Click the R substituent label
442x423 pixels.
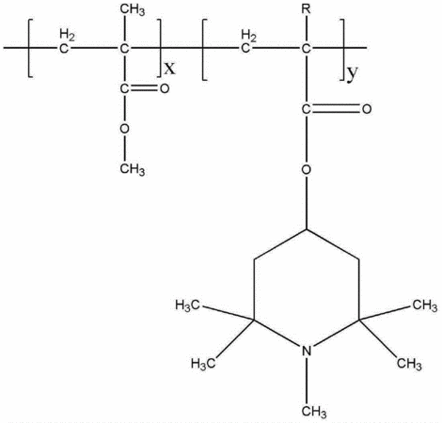(306, 9)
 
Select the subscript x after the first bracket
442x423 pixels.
(170, 68)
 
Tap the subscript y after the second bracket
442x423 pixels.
(353, 73)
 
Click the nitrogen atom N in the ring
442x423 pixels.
(307, 351)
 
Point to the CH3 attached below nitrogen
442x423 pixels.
(314, 411)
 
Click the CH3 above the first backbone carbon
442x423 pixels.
(133, 10)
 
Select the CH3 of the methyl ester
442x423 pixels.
(133, 169)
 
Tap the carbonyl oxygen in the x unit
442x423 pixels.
(165, 88)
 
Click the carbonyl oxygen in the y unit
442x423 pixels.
(367, 109)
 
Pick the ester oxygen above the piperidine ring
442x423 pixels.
(307, 169)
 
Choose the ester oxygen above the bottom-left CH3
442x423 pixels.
(124, 129)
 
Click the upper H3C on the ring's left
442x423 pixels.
(187, 305)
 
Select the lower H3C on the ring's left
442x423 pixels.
(203, 364)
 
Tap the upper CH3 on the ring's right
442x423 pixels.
(425, 305)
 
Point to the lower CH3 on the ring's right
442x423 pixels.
(409, 364)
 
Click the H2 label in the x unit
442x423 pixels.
(68, 35)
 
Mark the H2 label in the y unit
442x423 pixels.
(249, 36)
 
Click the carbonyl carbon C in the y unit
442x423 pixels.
(307, 109)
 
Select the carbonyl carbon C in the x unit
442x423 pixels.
(124, 88)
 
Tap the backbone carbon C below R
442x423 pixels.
(306, 49)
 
